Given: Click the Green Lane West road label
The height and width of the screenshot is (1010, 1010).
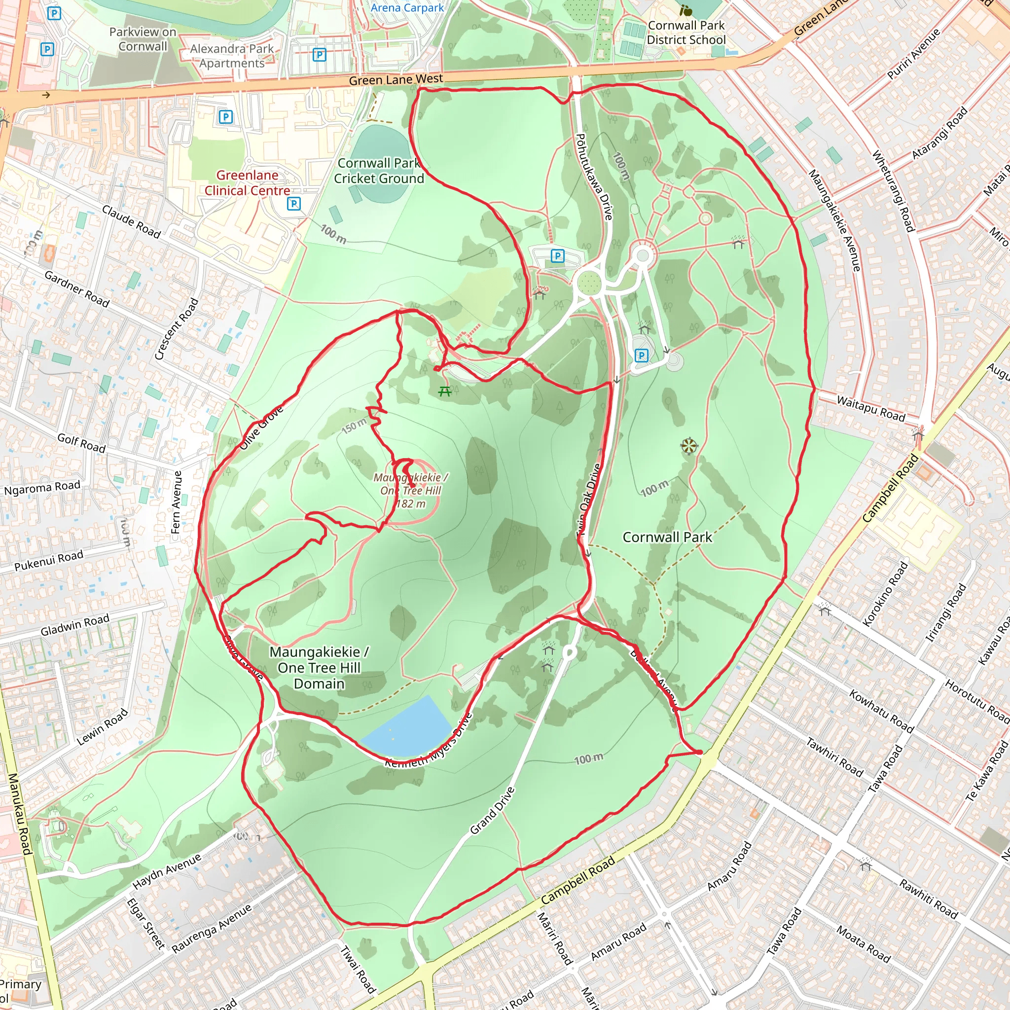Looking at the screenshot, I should coord(396,79).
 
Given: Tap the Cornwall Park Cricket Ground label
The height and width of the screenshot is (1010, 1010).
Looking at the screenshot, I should coord(379,171).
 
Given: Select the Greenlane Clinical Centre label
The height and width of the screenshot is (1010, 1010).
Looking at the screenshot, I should coord(247,182).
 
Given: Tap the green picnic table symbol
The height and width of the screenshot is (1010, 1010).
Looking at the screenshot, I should coord(445,391).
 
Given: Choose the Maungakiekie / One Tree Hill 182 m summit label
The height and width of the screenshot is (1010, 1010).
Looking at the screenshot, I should coord(410,490).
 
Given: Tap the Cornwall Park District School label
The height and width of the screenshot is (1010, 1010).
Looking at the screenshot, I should coord(686,33).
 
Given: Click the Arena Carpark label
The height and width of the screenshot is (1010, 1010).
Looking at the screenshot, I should coord(407,7).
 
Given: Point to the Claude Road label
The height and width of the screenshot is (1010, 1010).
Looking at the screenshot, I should coord(131,221).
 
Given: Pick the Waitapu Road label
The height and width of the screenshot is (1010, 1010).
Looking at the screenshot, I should coord(870,408).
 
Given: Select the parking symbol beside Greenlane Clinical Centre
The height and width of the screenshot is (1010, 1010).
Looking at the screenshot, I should coord(294,203).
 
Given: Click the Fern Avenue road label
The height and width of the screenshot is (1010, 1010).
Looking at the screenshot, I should coord(177,502).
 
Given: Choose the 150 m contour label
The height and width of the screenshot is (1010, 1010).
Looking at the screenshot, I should coord(354,426).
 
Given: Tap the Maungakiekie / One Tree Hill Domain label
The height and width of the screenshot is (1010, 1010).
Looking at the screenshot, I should coord(319,668).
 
